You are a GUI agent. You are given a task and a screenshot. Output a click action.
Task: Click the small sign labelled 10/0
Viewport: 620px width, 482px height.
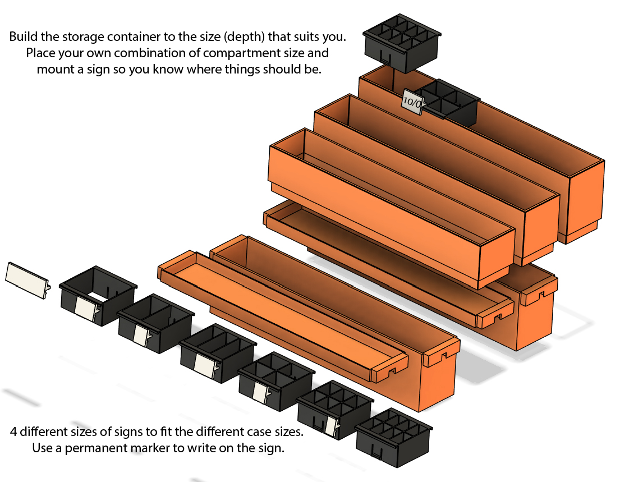point(414,103)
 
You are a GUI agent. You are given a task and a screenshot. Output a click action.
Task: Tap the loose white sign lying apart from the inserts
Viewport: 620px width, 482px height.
point(27,274)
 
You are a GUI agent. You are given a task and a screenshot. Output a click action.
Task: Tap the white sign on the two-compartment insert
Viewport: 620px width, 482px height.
point(141,335)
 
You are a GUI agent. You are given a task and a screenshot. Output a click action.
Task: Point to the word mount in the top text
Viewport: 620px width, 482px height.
point(55,70)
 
